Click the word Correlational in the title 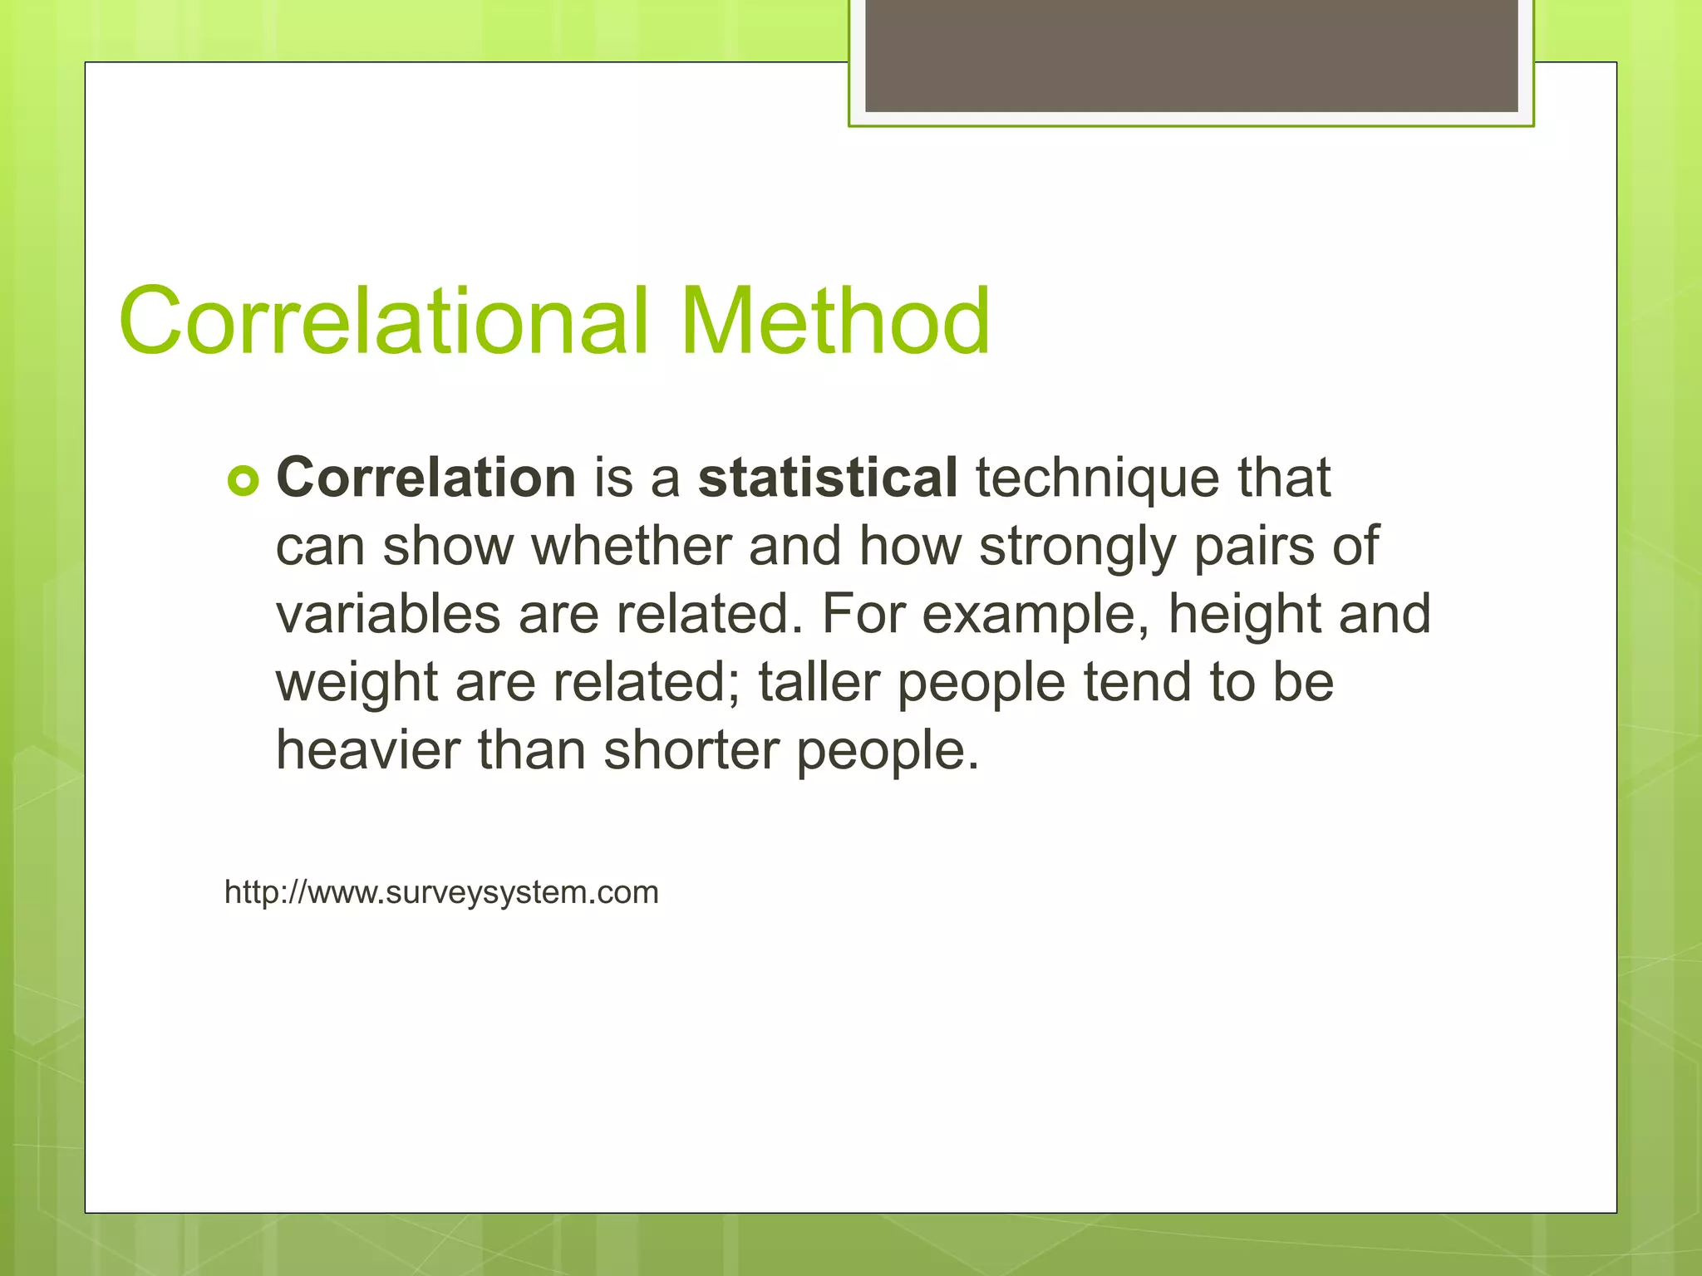tap(382, 321)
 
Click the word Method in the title tap(834, 321)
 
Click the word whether tap(632, 547)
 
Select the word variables tap(388, 615)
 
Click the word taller tap(818, 682)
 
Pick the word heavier tap(367, 750)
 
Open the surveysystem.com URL tap(441, 892)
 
